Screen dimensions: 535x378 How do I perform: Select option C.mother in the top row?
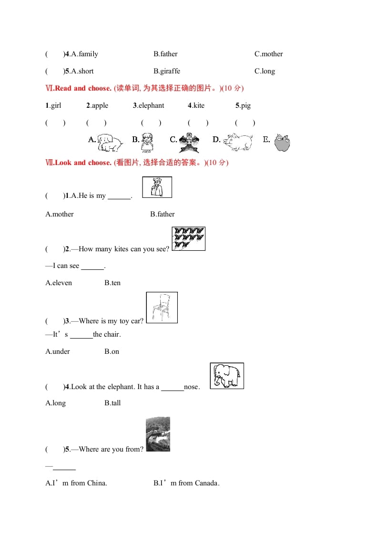coord(268,54)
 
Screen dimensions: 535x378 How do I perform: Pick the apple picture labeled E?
coord(282,142)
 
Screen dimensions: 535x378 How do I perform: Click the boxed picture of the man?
coord(157,187)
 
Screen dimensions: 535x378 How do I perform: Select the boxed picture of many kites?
coord(188,238)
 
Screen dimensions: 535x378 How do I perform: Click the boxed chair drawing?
coord(162,308)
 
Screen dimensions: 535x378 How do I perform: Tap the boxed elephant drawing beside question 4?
coord(227,376)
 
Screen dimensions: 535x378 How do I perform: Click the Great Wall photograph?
coord(158,434)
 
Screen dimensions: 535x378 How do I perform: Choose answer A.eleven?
coord(59,283)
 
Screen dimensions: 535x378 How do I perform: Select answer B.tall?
coord(112,403)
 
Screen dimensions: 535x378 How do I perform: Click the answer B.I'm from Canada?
coord(186,483)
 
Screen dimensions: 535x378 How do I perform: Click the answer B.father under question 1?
coord(162,214)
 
